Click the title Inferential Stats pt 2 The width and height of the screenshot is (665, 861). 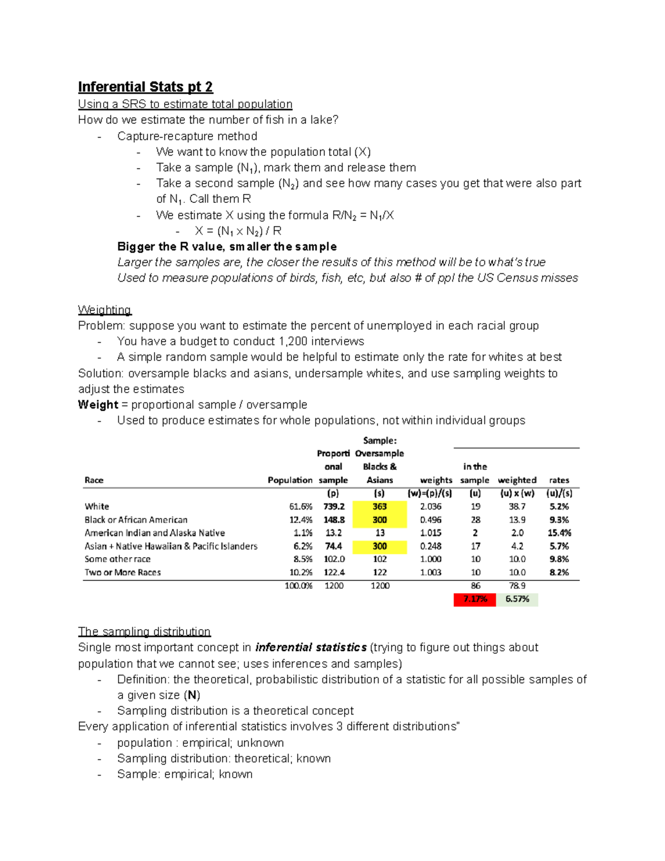[145, 87]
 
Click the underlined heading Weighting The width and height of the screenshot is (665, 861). [105, 310]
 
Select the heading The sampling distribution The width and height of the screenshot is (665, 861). [144, 631]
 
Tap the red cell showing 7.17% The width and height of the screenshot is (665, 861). [475, 599]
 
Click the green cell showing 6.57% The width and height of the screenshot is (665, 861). [517, 599]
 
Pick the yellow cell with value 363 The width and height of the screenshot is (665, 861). [380, 507]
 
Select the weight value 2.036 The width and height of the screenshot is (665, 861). [431, 507]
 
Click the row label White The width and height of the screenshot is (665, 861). [97, 507]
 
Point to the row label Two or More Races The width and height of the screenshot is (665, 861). [122, 573]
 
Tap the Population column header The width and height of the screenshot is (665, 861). [290, 480]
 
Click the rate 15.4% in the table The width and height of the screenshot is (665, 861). [559, 533]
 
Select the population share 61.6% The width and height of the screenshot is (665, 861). [301, 507]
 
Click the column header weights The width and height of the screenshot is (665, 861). [436, 480]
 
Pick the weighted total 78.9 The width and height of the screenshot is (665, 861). [517, 586]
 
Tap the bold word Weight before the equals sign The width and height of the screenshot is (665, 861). [98, 405]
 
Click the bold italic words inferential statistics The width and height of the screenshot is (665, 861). [311, 648]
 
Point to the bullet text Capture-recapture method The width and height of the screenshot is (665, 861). [187, 136]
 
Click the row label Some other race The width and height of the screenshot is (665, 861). [117, 559]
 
